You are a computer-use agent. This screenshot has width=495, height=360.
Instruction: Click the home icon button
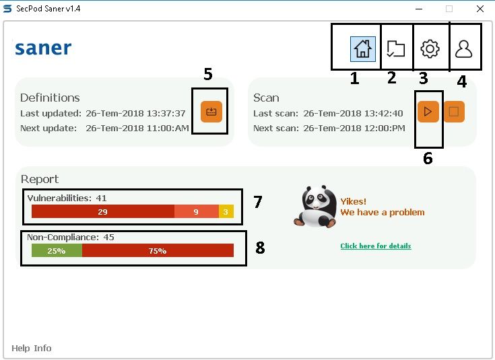tap(362, 48)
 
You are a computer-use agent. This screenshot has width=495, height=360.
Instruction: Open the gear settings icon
tap(430, 48)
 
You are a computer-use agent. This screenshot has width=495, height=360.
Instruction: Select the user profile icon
tap(464, 48)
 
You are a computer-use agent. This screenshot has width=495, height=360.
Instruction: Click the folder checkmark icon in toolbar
tap(396, 48)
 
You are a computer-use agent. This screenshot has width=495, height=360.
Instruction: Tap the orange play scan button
tap(428, 112)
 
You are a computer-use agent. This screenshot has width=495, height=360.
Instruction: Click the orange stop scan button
tap(454, 112)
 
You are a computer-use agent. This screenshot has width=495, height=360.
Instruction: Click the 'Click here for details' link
tap(375, 246)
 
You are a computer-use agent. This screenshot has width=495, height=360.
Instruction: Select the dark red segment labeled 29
tap(103, 211)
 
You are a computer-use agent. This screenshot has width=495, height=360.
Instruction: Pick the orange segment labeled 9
tap(196, 211)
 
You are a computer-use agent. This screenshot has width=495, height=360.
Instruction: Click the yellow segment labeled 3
tap(226, 211)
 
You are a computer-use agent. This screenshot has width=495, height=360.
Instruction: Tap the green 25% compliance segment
tap(57, 250)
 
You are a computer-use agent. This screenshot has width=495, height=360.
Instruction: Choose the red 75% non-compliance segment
tap(158, 250)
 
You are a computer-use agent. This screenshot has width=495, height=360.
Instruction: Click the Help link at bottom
tap(20, 348)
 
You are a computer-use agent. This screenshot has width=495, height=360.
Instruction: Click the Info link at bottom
tap(42, 348)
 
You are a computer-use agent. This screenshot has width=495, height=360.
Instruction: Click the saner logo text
tap(43, 48)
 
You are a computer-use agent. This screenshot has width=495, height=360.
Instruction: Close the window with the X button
tap(480, 9)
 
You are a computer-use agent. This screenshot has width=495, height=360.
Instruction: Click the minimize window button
tap(418, 9)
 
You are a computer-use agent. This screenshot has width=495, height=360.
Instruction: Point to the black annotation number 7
tap(257, 202)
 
